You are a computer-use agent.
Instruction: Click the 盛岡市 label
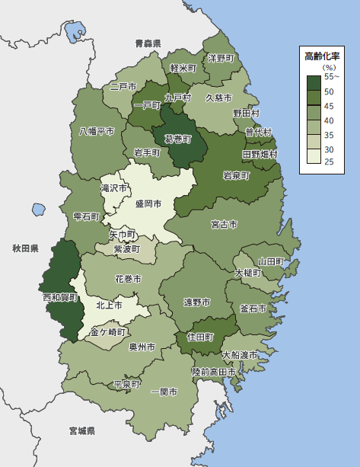click(x=149, y=203)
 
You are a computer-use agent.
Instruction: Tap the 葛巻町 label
click(x=173, y=139)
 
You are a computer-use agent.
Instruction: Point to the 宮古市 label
click(x=224, y=225)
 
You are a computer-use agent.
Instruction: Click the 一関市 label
click(x=164, y=392)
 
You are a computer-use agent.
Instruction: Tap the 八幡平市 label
click(x=97, y=131)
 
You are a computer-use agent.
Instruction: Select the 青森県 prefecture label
click(x=148, y=43)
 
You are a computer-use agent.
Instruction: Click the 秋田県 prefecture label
click(x=25, y=248)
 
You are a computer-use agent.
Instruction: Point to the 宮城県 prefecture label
click(x=81, y=430)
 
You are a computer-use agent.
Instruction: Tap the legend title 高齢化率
click(x=323, y=56)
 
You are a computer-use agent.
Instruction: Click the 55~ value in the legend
click(x=333, y=76)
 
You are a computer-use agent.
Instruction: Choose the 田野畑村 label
click(x=260, y=154)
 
